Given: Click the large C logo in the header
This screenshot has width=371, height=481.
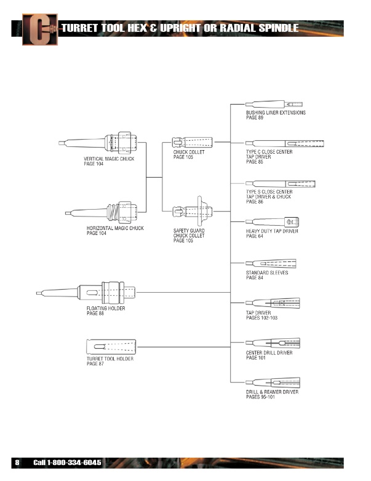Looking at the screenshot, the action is (40, 30).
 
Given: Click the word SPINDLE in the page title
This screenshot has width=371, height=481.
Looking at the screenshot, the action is (278, 28).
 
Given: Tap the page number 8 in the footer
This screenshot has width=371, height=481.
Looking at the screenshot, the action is (17, 463).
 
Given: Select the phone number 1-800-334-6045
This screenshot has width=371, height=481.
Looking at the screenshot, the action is (74, 463).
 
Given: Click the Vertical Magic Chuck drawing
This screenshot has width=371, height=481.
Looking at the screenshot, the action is (98, 142).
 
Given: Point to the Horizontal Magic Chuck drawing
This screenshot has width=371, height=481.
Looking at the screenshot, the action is (102, 212).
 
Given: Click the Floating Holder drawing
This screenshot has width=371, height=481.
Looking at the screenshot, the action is (86, 293).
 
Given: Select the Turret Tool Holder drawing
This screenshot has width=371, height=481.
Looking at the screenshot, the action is (111, 347).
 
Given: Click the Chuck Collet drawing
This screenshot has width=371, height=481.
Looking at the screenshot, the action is (192, 142).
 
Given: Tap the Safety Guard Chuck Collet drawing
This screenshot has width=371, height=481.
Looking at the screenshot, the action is (193, 212).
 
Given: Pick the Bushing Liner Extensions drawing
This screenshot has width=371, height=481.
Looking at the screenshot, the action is (274, 104).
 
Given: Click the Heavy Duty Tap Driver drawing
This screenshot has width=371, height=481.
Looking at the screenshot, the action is (272, 222).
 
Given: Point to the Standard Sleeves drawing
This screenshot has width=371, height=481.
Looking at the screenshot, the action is (271, 263).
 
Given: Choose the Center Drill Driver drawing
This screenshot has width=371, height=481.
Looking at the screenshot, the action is (273, 343).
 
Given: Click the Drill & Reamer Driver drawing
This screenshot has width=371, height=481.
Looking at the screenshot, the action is (273, 383).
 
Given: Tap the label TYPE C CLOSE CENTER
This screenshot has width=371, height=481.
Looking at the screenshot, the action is (269, 152).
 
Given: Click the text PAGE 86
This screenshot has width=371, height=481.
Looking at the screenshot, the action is (254, 202).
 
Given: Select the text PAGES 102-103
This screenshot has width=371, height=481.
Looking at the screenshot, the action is (261, 318).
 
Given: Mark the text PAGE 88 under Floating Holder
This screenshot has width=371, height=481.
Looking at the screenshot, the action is (95, 313).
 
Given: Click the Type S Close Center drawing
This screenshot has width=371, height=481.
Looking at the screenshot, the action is (280, 184).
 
